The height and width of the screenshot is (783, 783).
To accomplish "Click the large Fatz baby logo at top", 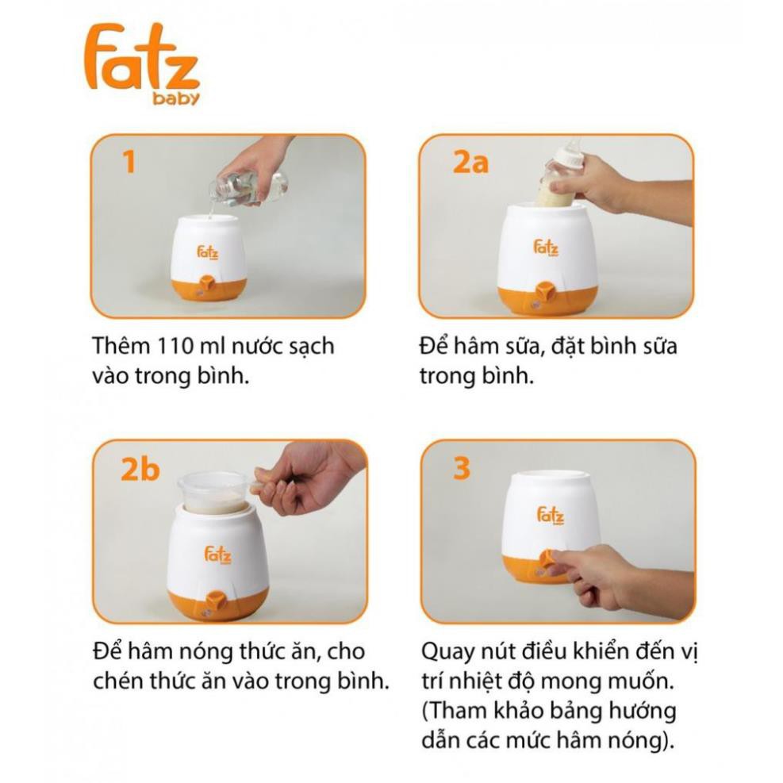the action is [x=142, y=64].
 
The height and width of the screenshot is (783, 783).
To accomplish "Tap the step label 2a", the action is [x=470, y=162].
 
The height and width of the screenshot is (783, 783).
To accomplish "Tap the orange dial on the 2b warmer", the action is [x=217, y=599].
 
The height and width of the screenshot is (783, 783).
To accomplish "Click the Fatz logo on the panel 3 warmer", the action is [x=551, y=516].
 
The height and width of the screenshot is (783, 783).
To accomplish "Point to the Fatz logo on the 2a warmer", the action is [x=546, y=248].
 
